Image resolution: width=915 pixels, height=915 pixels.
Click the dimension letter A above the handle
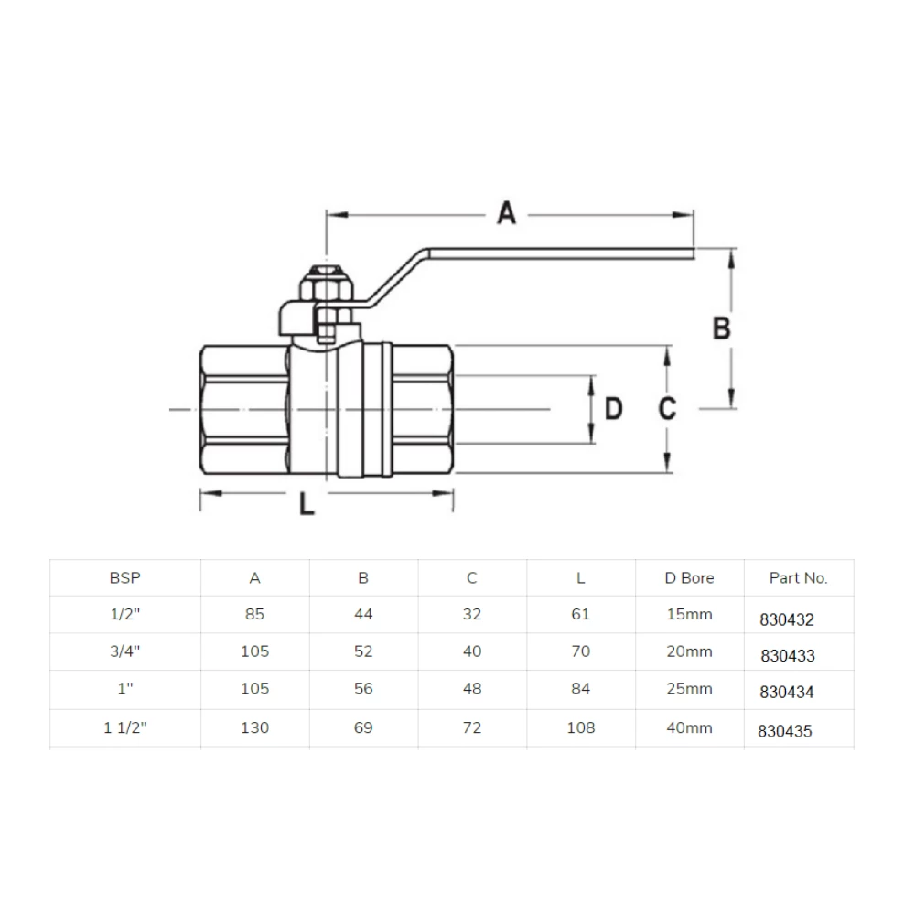pos(506,214)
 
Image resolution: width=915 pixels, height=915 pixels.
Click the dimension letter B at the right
pos(721,328)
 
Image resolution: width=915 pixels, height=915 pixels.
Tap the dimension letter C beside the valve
pos(668,409)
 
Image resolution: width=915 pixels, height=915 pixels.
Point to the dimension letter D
pos(612,409)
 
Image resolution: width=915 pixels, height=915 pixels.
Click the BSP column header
pos(124,577)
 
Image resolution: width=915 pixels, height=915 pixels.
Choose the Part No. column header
pos(798,578)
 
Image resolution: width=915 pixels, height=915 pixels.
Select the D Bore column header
pos(689,577)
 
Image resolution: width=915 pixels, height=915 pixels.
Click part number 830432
pos(786,619)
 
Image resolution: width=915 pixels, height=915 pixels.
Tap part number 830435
pos(785,731)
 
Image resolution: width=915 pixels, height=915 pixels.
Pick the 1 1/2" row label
pos(124,727)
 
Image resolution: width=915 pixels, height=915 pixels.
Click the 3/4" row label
pos(124,652)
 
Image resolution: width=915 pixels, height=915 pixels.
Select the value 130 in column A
pos(254,727)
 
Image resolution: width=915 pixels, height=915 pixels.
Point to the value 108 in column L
pos(580,727)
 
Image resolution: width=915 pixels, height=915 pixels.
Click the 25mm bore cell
pos(689,690)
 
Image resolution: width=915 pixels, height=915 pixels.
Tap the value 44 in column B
pos(363,615)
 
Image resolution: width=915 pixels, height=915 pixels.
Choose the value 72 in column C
pos(472,727)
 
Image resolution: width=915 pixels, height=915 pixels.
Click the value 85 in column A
pos(254,615)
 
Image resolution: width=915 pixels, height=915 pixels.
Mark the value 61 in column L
pos(580,615)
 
